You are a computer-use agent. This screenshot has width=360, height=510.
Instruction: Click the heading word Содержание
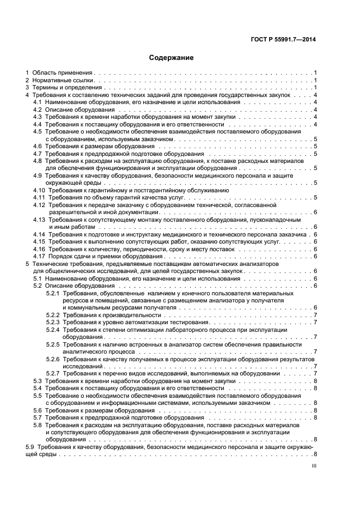pos(172,57)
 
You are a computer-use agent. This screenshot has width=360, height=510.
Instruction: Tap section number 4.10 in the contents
pos(39,190)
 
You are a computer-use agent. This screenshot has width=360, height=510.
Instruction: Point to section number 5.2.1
pos(52,293)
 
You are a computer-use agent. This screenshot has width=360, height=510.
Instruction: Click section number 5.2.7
pos(52,373)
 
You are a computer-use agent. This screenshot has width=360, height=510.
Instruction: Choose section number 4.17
pos(39,256)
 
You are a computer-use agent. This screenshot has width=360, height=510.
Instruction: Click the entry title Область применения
pos(63,72)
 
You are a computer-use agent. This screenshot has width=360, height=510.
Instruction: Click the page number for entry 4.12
pos(315,212)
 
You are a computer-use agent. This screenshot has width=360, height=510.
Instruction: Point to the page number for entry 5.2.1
pos(315,308)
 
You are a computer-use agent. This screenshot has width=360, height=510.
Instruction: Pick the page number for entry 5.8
pos(315,439)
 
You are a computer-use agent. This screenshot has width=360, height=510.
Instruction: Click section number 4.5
pos(38,132)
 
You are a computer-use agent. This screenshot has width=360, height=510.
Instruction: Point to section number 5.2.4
pos(52,330)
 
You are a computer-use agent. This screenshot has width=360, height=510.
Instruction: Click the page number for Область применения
pos(315,72)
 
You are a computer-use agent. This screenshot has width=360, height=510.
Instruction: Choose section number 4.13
pos(39,219)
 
